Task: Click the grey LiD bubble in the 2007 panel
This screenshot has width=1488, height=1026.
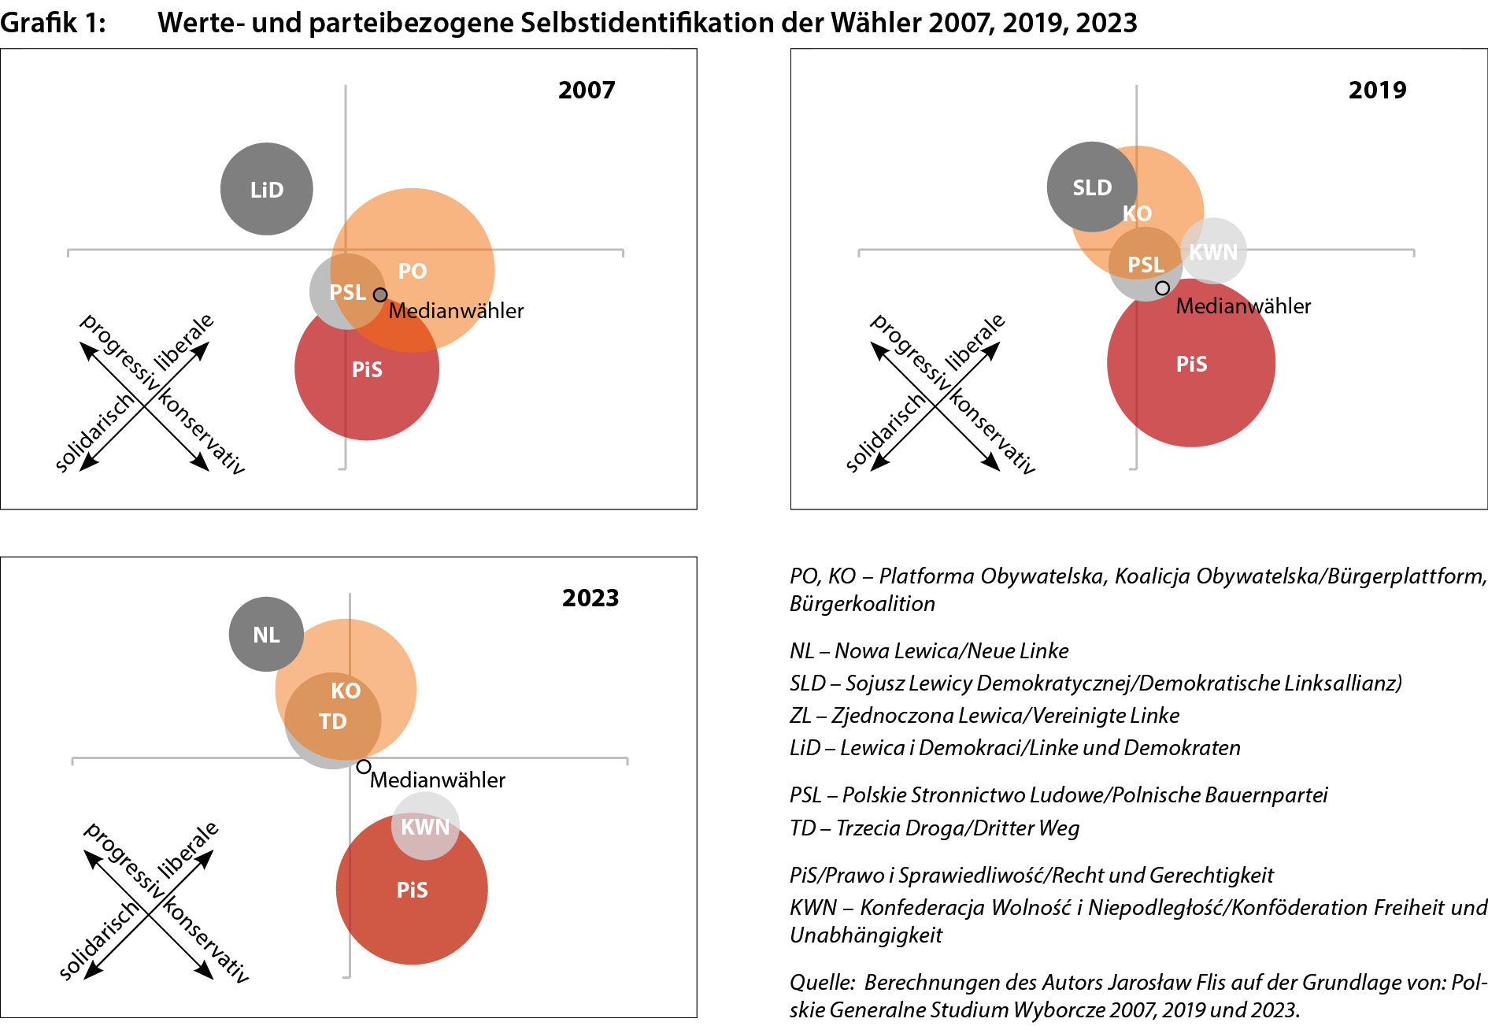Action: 266,189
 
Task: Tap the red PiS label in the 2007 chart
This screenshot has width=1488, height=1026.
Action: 367,369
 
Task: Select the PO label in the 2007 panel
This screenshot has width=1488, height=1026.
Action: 412,271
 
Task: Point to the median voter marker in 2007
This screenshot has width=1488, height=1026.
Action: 380,294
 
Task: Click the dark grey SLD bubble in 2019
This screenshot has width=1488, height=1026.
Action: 1091,187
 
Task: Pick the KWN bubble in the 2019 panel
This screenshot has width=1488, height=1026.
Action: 1214,251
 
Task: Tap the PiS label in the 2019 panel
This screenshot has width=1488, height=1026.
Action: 1191,364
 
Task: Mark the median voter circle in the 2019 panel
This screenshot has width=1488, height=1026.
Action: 1162,288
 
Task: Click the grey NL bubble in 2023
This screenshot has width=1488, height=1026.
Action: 266,635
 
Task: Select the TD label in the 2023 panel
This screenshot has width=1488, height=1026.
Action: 332,721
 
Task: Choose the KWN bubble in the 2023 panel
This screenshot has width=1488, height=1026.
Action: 425,827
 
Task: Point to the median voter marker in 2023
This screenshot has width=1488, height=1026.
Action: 363,766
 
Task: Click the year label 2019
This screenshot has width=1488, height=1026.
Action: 1377,90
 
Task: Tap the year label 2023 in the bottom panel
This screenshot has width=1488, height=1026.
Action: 590,598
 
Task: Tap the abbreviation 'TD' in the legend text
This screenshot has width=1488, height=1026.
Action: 802,828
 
